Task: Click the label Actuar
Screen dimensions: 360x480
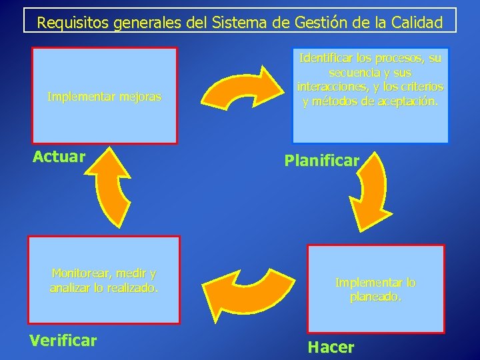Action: [59, 157]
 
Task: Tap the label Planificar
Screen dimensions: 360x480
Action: [322, 161]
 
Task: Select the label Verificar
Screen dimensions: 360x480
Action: [63, 341]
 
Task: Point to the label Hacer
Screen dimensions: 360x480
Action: [331, 347]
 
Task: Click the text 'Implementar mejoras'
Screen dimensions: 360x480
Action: [104, 97]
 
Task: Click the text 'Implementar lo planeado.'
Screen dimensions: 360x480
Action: [375, 289]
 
